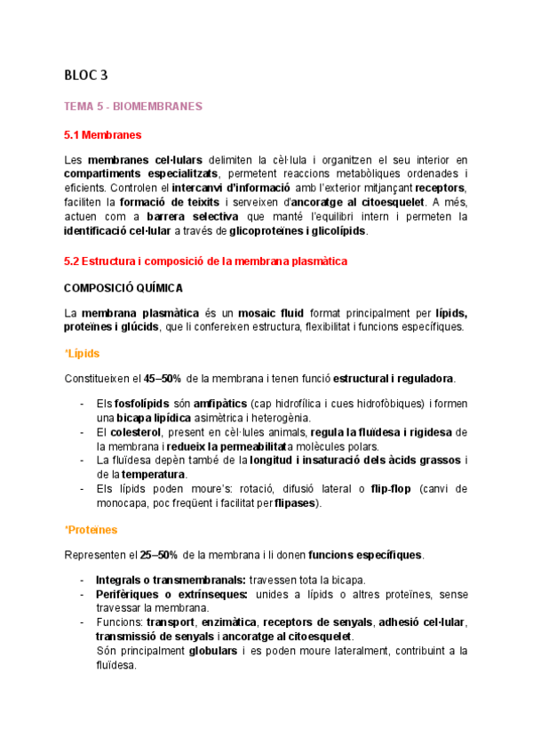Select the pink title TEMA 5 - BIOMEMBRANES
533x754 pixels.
tap(133, 107)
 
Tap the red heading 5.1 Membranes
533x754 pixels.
tap(103, 135)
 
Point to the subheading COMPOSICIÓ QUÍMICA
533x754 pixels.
tap(123, 288)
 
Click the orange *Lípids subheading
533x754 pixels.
tap(82, 353)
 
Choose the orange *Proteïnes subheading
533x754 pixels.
tap(91, 530)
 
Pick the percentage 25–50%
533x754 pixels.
tap(162, 556)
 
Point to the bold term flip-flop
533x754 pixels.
tap(394, 489)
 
